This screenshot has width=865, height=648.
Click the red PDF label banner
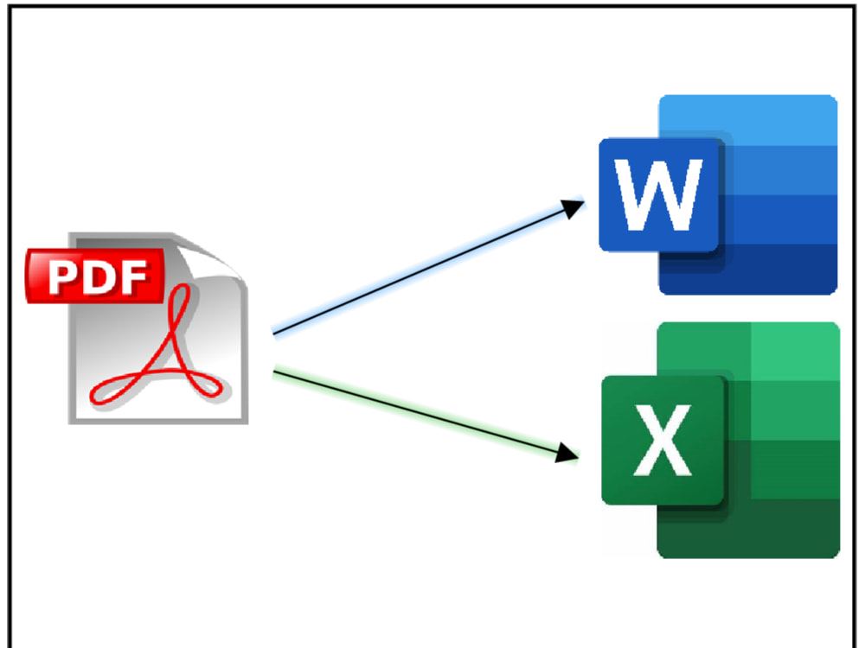[95, 276]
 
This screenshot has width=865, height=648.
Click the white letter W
[659, 196]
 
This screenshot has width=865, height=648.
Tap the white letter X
[662, 441]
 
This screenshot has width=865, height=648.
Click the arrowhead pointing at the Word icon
[573, 208]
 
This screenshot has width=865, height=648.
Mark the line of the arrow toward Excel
[415, 411]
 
